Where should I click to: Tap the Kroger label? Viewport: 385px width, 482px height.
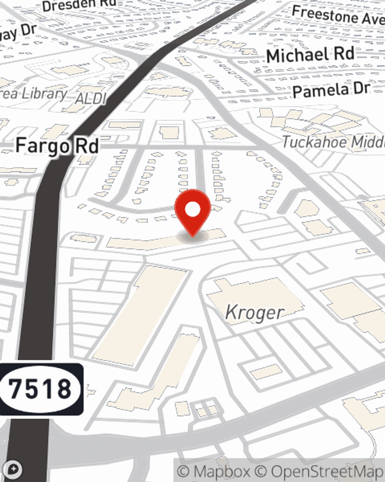click(x=254, y=312)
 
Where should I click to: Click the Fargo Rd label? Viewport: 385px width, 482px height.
click(x=57, y=146)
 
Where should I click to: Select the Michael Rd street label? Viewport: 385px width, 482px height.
click(x=310, y=55)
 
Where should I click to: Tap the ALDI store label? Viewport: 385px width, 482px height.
click(x=91, y=99)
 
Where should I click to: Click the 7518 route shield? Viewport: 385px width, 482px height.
click(x=40, y=389)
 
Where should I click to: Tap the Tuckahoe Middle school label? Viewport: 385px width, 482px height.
click(x=333, y=142)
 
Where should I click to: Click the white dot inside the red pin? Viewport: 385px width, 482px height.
click(x=192, y=210)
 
